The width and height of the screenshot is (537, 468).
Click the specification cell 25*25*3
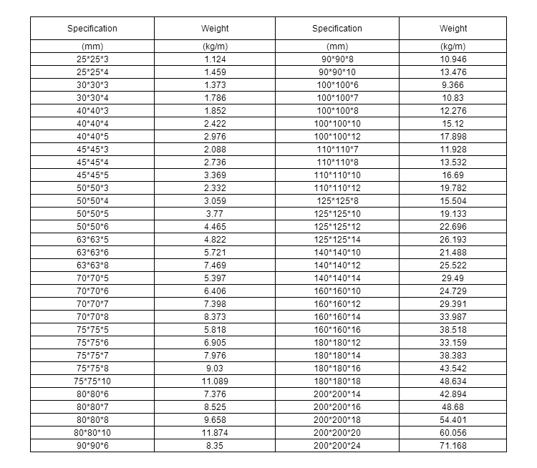coord(92,59)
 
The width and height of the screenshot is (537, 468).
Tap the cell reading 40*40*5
coord(92,137)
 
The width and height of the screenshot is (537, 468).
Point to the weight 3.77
coord(215,213)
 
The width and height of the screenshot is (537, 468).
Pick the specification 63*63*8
coord(92,265)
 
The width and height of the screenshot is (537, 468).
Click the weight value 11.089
coord(215,381)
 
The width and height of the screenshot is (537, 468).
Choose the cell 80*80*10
coord(92,433)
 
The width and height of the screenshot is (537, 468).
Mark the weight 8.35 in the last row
coord(215,447)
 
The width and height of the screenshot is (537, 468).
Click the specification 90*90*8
coord(337,59)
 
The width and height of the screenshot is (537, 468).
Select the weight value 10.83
coord(453,98)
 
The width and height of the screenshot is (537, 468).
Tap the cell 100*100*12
coord(337,137)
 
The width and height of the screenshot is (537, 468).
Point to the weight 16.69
coord(453,175)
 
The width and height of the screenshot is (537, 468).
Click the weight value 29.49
coord(453,278)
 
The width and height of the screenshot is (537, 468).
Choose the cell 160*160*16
coord(337,330)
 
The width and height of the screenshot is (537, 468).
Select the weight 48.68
coord(453,407)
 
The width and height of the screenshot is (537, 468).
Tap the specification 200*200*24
coord(337,447)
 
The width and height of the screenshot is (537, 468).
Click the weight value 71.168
coord(453,447)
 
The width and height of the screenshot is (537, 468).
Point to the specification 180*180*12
coord(337,343)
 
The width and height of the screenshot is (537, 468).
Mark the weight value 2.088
coord(215,150)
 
